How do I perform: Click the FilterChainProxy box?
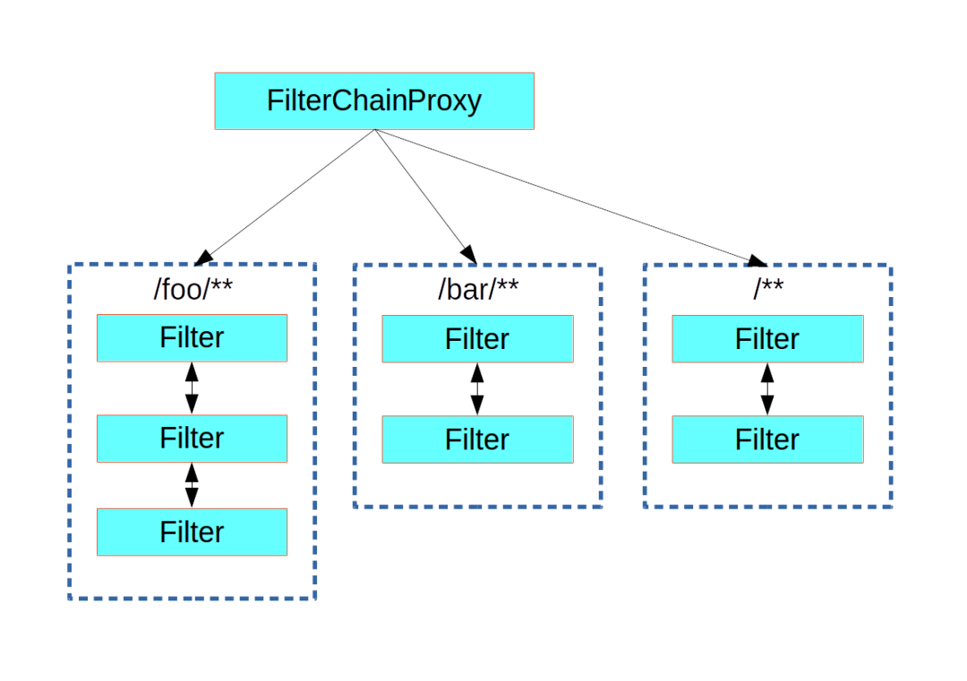(374, 101)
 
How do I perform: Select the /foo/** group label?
(193, 289)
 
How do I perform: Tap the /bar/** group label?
(477, 289)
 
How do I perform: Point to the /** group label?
(767, 289)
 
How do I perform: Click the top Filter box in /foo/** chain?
(192, 338)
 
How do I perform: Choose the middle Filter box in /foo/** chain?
(192, 438)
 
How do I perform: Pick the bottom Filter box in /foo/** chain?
(192, 532)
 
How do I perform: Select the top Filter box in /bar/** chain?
(477, 339)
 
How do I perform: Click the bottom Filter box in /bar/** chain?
(477, 439)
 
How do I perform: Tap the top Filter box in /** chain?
(767, 339)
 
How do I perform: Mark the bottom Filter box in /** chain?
(767, 439)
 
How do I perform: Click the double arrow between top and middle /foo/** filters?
(192, 388)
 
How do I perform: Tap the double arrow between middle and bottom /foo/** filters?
(192, 485)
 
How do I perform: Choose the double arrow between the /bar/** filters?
(477, 389)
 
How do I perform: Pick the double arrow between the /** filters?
(767, 389)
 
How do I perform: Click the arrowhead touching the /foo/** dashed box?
(205, 257)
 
